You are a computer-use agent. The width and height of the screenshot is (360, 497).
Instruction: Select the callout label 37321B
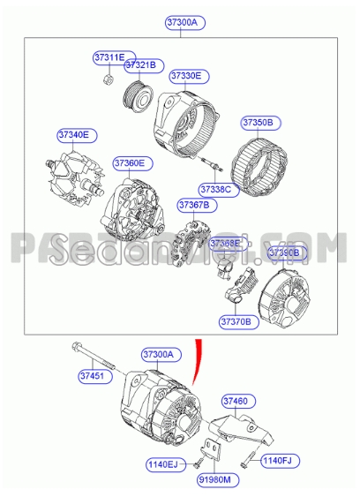click(x=139, y=65)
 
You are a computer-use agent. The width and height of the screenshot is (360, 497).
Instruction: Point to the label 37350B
click(x=258, y=122)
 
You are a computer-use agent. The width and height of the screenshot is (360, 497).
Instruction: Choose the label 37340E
click(x=73, y=135)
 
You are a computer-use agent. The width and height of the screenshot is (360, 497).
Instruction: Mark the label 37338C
click(x=214, y=189)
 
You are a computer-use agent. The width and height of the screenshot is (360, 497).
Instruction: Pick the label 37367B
click(x=194, y=205)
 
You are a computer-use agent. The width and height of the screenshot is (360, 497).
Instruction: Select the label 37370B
click(x=236, y=320)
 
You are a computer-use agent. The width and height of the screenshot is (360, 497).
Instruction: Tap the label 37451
click(x=92, y=375)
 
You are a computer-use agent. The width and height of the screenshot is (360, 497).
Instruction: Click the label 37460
click(x=234, y=400)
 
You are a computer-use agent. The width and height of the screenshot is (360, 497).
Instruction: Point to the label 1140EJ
click(x=162, y=463)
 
